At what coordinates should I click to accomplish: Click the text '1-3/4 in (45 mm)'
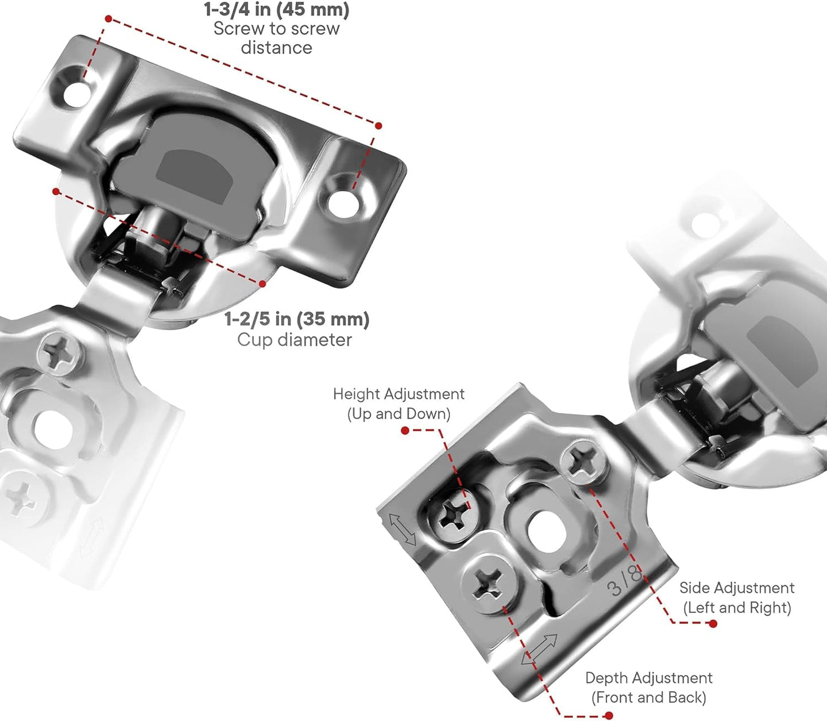click(x=276, y=10)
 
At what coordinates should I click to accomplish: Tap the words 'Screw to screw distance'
click(x=276, y=38)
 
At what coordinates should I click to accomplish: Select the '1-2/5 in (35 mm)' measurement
click(x=296, y=319)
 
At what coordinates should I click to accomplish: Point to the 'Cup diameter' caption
click(x=294, y=340)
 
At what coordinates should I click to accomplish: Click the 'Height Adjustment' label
click(x=399, y=394)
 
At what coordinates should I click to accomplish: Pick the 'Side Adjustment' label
click(x=737, y=588)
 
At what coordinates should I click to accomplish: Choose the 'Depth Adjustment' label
click(x=648, y=678)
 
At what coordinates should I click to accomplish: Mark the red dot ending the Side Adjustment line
click(x=713, y=624)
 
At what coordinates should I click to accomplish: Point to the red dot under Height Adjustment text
click(x=405, y=431)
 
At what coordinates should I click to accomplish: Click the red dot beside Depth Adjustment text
click(x=609, y=716)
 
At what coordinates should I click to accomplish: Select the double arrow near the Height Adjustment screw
click(x=403, y=529)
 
